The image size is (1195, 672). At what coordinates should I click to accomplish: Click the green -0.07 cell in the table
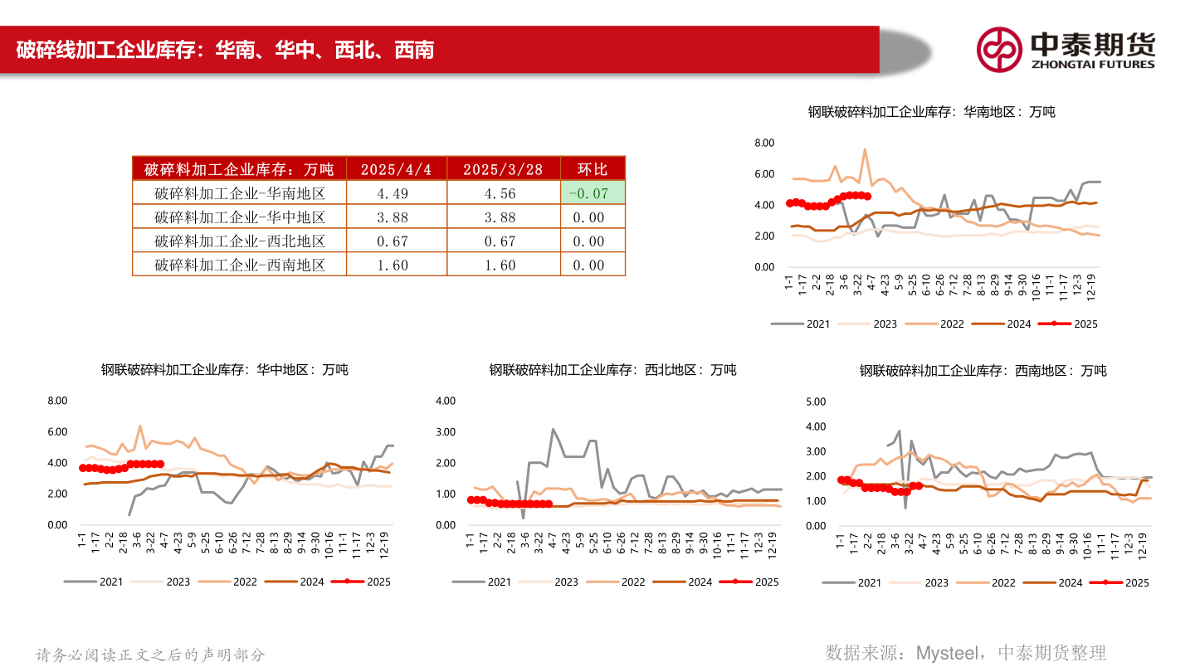pyautogui.click(x=593, y=193)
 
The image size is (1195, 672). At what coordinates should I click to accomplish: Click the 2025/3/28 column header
pyautogui.click(x=503, y=169)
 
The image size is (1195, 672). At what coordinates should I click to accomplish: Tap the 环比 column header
pyautogui.click(x=593, y=169)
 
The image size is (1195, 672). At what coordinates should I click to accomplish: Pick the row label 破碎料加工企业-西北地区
pyautogui.click(x=239, y=241)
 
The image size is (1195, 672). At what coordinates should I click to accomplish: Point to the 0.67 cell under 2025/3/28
pyautogui.click(x=503, y=241)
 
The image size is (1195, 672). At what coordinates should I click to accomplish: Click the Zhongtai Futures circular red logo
pyautogui.click(x=998, y=50)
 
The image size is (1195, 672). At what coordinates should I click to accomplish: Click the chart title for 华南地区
pyautogui.click(x=931, y=111)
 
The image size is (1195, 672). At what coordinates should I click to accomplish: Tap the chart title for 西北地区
pyautogui.click(x=612, y=370)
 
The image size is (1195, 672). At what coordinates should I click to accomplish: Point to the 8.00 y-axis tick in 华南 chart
pyautogui.click(x=763, y=144)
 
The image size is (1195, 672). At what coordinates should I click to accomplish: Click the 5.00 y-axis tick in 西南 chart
pyautogui.click(x=816, y=402)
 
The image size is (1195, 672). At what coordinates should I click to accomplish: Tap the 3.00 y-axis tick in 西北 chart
pyautogui.click(x=446, y=432)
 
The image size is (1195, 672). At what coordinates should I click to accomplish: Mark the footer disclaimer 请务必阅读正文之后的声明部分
pyautogui.click(x=151, y=655)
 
